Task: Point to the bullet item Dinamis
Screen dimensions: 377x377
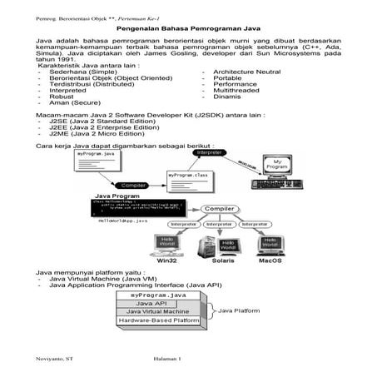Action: point(227,97)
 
